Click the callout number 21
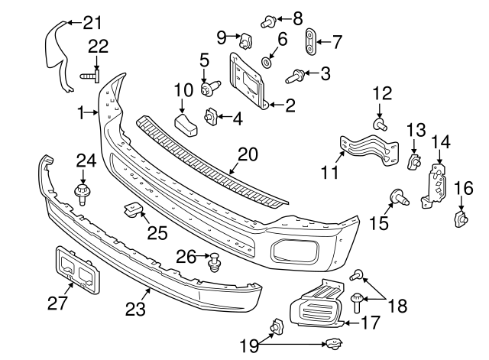[x=92, y=21]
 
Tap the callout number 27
[x=58, y=304]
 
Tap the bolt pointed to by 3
[x=293, y=76]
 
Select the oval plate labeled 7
[x=310, y=41]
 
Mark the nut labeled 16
[x=461, y=220]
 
